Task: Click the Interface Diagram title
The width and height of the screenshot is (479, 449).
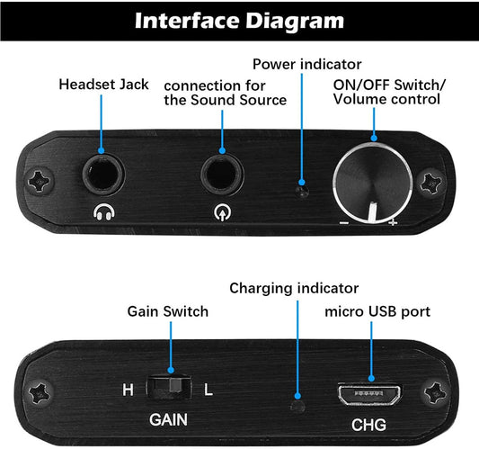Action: tap(239, 20)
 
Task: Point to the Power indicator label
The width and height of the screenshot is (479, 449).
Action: tap(306, 64)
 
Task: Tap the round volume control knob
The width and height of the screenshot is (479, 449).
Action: tap(371, 180)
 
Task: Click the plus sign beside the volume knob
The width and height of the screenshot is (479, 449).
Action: tap(393, 221)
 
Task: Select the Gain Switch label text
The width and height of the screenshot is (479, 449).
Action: tap(166, 311)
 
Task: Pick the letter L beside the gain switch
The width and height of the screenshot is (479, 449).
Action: tap(208, 390)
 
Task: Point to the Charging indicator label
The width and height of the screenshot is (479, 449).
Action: tap(294, 288)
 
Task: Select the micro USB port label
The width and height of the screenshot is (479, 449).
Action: tap(377, 311)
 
